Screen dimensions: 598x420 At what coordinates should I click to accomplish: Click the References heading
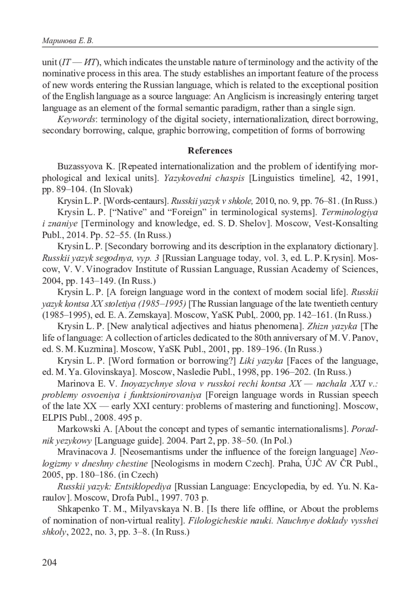click(x=210, y=151)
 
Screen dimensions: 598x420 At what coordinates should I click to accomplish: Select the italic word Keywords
click(x=76, y=119)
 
